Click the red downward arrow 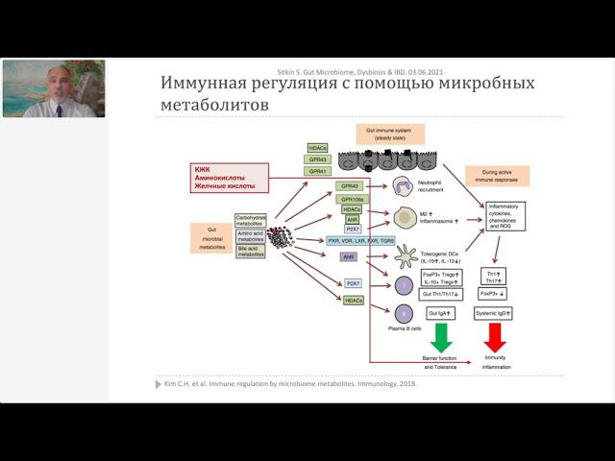(496, 337)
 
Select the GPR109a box (352, 198)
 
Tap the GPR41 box (318, 171)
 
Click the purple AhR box (349, 257)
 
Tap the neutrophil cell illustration (405, 187)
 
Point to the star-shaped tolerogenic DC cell (405, 255)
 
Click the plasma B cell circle (405, 314)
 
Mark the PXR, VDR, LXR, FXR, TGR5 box (360, 241)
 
